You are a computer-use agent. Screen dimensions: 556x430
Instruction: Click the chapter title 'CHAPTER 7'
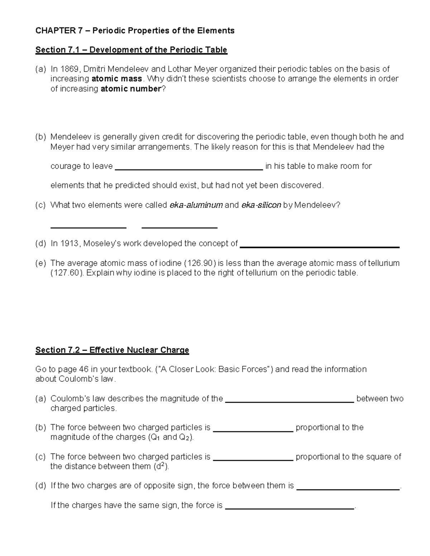point(55,31)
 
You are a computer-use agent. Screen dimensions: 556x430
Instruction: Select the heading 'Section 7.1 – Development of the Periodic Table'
point(131,50)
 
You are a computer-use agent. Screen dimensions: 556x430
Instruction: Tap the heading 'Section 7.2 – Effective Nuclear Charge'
point(112,350)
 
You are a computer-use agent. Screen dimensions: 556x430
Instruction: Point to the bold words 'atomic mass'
point(117,79)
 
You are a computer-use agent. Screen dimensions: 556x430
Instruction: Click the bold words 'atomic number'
point(131,89)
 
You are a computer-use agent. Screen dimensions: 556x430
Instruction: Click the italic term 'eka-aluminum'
point(196,205)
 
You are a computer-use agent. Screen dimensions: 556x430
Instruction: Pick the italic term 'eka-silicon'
point(261,205)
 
